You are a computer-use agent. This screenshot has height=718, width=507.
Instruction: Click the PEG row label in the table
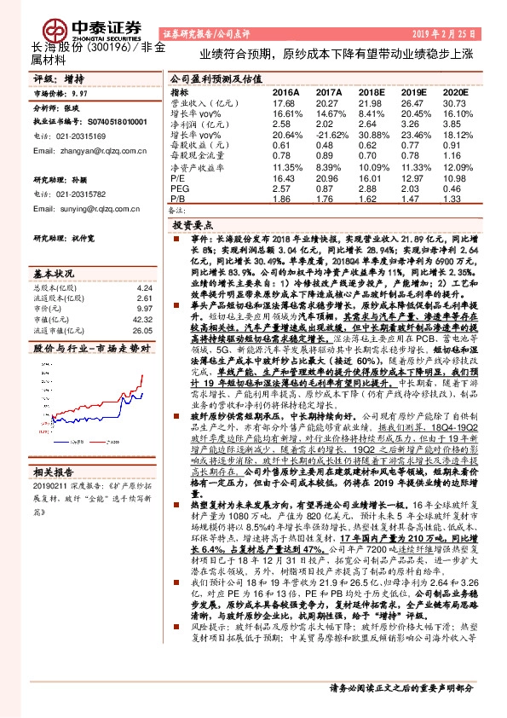click(x=178, y=188)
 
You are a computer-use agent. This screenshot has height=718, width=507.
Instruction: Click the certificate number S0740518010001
click(x=107, y=123)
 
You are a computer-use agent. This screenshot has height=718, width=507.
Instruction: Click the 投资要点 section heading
click(x=193, y=226)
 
